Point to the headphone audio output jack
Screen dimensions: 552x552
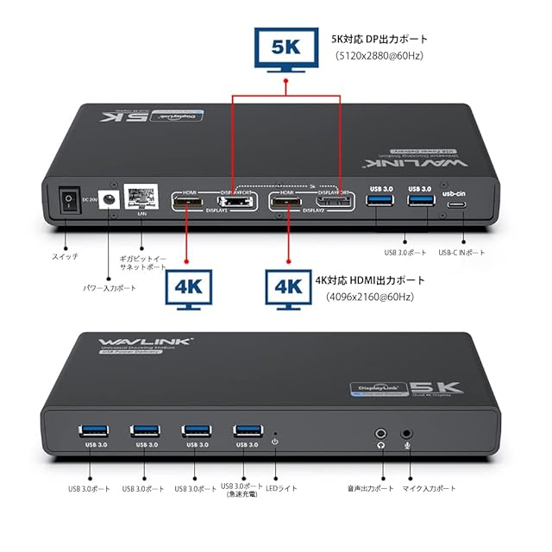tap(380, 433)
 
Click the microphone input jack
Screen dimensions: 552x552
tap(407, 433)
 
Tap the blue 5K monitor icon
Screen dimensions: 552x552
tap(285, 48)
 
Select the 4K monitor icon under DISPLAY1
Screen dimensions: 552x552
tap(188, 288)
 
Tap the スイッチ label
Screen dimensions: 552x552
tap(66, 257)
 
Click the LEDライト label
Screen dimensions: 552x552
tap(281, 488)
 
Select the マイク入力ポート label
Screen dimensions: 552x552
tap(429, 488)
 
